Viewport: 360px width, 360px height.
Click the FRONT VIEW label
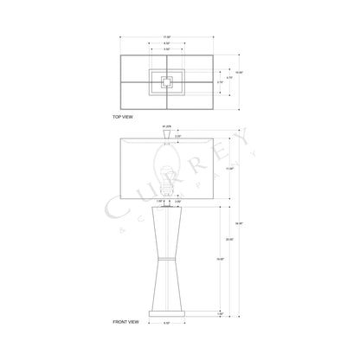126,322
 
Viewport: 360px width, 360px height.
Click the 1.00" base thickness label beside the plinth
220,312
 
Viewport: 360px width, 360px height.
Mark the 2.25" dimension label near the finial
177,136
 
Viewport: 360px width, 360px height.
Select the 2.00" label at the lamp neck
177,202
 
